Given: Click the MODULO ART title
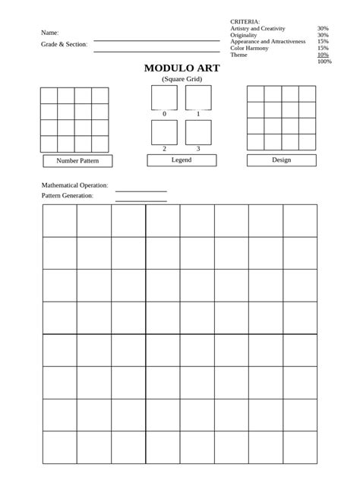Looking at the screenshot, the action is tap(182, 68).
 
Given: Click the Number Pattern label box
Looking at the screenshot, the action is tap(77, 161).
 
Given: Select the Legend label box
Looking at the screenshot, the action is tap(182, 160).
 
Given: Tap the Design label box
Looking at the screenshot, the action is tap(281, 160).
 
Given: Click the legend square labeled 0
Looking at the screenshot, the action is tap(164, 97).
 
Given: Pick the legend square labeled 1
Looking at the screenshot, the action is tap(198, 97).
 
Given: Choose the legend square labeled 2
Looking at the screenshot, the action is tap(164, 132).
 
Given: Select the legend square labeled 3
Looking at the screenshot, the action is tap(198, 132).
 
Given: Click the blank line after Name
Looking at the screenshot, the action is tap(156, 39).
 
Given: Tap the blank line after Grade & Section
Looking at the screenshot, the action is tap(156, 51).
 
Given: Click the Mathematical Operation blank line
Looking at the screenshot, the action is tap(141, 191).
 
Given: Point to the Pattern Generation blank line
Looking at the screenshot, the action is tap(141, 201).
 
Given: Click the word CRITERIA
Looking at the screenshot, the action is tap(245, 21).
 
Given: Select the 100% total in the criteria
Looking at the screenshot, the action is tap(324, 62).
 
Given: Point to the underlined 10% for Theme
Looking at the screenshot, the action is tap(323, 55).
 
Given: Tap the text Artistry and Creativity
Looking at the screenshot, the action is tap(257, 28).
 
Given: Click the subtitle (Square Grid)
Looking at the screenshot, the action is tap(182, 79).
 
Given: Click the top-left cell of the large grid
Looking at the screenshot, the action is tap(59, 220).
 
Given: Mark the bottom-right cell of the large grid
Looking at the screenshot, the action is tap(300, 447).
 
